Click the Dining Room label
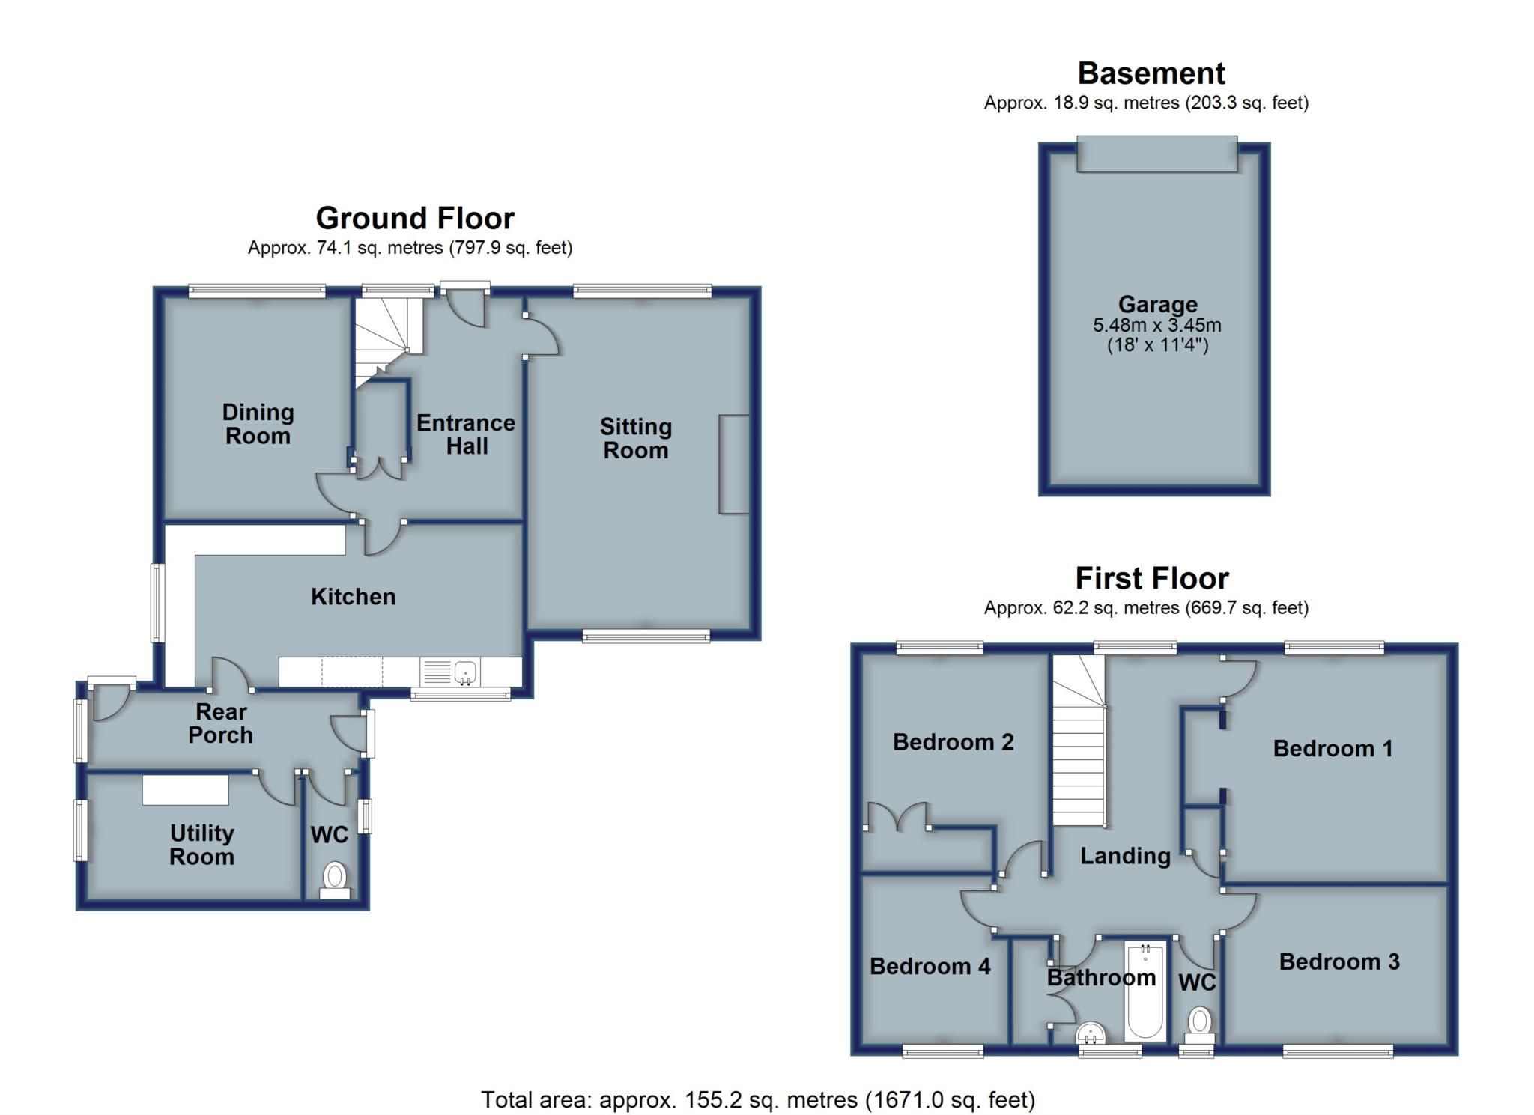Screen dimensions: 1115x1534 [x=258, y=424]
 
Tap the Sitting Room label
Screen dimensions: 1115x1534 [x=635, y=438]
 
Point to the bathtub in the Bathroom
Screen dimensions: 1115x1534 [x=1145, y=990]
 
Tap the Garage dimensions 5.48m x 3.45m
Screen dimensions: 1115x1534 [x=1156, y=326]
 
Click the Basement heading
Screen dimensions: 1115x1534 [x=1150, y=74]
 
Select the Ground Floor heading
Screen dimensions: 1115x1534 [x=414, y=219]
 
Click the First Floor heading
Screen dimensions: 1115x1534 [x=1151, y=579]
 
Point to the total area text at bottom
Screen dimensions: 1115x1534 [x=757, y=1099]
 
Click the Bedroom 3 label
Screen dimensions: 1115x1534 [x=1339, y=961]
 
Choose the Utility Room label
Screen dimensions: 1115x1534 [x=201, y=845]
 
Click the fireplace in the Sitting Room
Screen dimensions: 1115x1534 [x=733, y=464]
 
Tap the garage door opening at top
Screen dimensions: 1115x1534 [x=1156, y=154]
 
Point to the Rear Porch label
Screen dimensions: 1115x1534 [x=220, y=723]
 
